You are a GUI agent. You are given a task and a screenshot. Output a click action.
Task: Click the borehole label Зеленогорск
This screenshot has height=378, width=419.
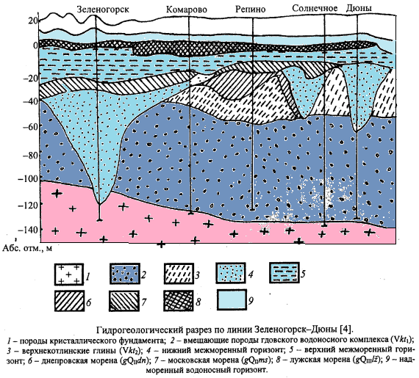(103, 10)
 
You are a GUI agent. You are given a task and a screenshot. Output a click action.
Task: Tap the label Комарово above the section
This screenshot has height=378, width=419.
(187, 10)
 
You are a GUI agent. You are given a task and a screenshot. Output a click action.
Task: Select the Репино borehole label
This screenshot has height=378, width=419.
(251, 10)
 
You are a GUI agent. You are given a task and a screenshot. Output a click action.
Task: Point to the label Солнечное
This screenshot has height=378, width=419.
(315, 8)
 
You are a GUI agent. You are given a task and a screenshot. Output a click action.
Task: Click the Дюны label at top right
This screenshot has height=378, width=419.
(359, 8)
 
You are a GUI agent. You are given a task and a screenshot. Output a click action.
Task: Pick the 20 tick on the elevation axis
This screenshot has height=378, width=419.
(33, 21)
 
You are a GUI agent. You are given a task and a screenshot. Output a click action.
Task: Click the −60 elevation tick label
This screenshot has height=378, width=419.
(30, 126)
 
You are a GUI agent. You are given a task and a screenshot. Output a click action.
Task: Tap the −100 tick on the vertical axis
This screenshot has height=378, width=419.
(28, 178)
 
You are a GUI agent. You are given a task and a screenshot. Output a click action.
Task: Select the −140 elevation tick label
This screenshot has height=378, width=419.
(28, 230)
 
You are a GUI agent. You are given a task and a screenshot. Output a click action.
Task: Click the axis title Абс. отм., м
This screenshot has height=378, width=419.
(27, 248)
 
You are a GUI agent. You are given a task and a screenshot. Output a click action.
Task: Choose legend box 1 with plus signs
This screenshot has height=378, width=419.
(69, 275)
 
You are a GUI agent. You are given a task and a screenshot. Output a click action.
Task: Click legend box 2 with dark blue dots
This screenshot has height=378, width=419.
(125, 274)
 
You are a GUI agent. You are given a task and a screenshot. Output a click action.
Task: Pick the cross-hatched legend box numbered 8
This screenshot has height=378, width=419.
(178, 301)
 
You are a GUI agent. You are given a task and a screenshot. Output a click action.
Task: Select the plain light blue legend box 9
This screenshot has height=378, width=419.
(232, 299)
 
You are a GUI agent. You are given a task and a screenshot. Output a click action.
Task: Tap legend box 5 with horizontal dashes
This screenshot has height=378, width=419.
(284, 272)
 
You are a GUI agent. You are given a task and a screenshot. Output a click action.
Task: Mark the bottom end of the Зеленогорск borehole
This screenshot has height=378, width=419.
(99, 219)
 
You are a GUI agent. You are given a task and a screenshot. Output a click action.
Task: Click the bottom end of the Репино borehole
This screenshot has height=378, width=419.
(252, 210)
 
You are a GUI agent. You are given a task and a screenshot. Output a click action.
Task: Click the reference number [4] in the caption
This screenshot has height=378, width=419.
(346, 330)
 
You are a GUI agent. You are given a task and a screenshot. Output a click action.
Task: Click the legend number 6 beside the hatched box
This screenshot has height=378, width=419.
(88, 302)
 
